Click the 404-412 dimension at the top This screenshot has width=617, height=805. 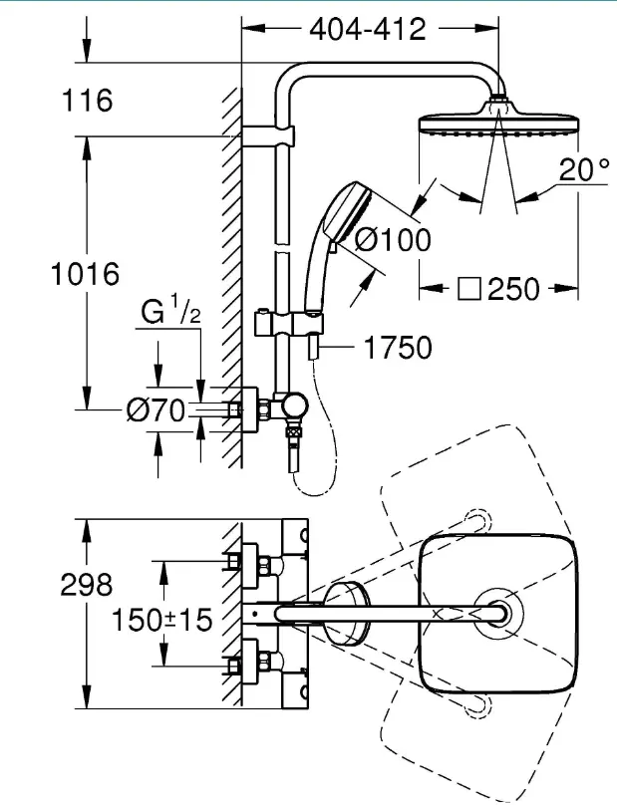coord(368,29)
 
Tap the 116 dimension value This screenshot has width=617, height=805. coord(87,100)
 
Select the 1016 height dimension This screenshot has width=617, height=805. coord(85,274)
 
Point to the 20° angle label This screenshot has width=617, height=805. coord(584,169)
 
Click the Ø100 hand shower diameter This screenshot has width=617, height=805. coord(393,240)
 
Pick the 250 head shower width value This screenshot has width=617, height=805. coord(513,289)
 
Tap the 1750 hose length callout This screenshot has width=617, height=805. coord(397,348)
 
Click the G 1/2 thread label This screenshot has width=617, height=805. coord(170,311)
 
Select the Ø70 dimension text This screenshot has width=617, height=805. coord(155,410)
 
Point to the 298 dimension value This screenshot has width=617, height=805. coord(86,584)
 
